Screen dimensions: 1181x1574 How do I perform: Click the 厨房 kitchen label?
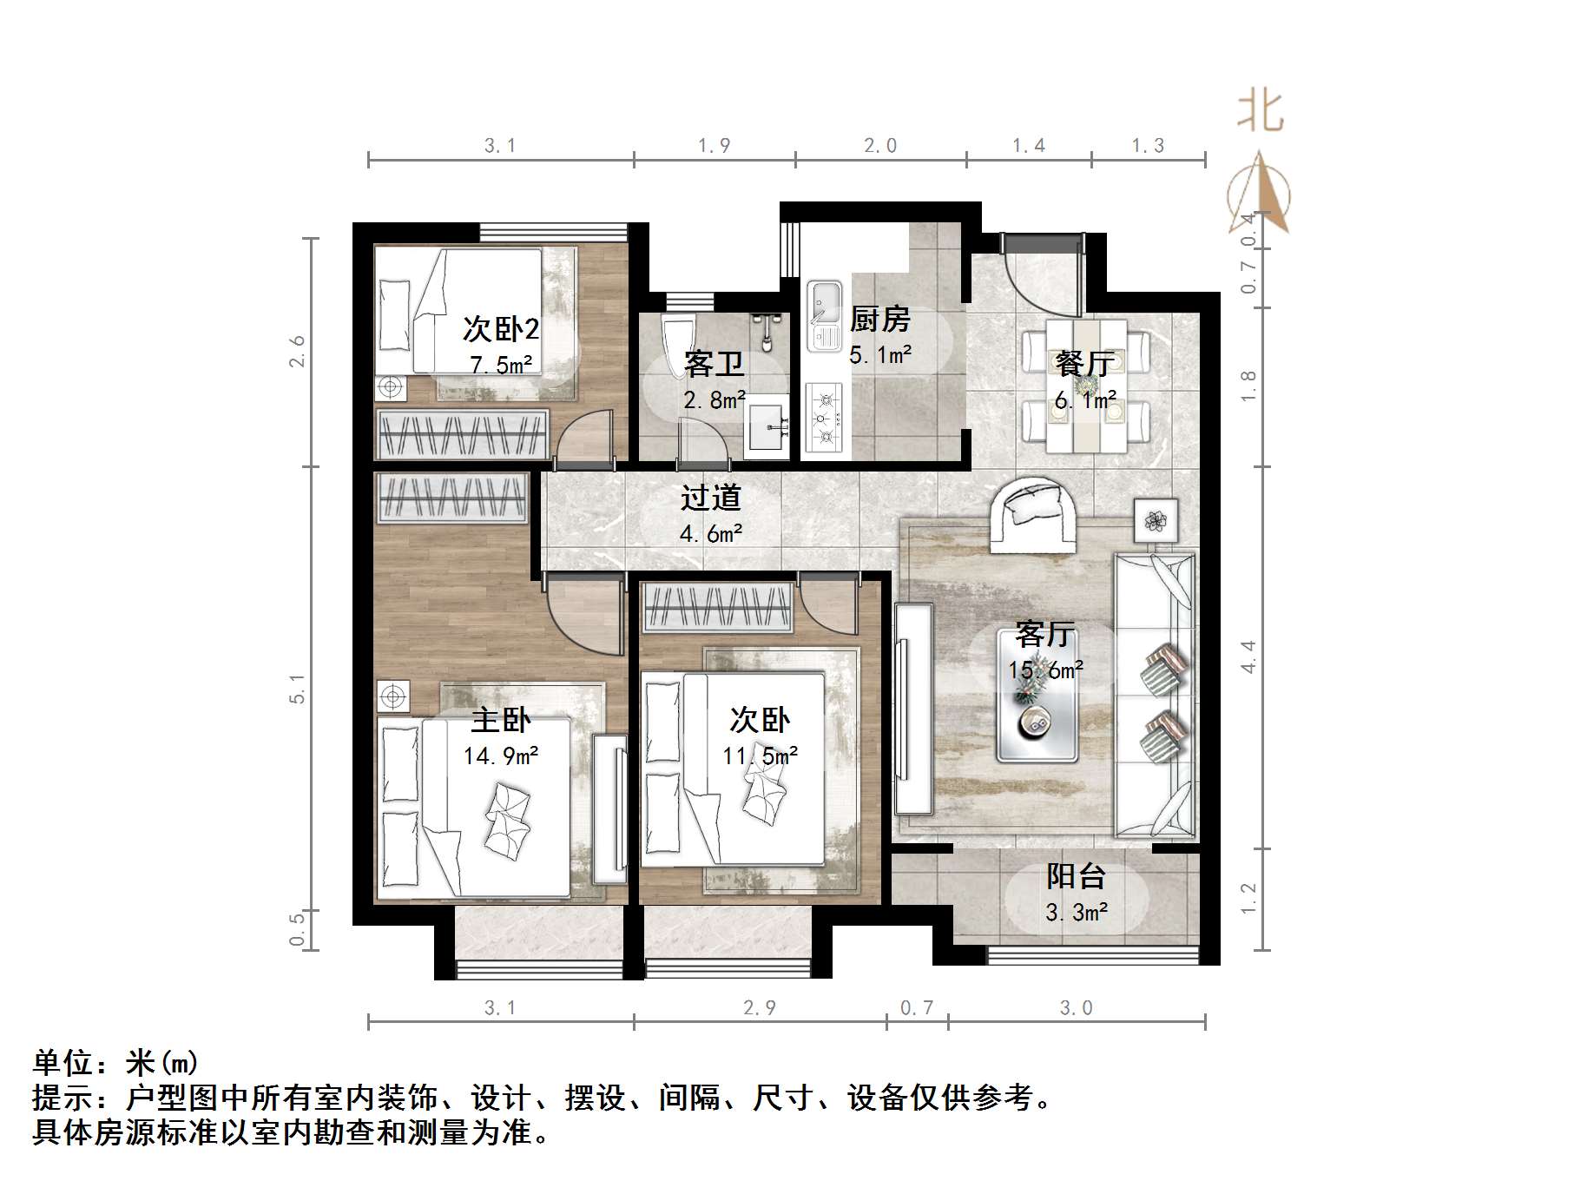tap(879, 320)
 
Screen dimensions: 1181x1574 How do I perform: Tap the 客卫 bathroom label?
tap(714, 363)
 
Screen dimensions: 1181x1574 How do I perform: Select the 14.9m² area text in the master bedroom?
tap(501, 755)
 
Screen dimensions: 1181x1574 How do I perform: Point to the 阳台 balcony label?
tap(1076, 876)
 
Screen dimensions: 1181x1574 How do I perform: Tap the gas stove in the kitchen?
tap(824, 419)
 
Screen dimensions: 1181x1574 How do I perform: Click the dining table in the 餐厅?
tap(1086, 386)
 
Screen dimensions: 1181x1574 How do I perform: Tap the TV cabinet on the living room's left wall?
tap(912, 708)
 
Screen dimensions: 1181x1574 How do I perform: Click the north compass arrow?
tap(1259, 195)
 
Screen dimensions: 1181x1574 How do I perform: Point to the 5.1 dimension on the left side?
tap(298, 689)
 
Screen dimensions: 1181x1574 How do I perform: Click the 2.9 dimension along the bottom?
tap(760, 1008)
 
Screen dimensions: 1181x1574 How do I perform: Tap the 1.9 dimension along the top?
tap(715, 146)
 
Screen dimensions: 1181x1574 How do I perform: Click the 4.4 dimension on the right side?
tap(1248, 656)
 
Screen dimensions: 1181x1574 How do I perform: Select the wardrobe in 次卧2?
tap(462, 433)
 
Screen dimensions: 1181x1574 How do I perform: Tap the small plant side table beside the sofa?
tap(1156, 520)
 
